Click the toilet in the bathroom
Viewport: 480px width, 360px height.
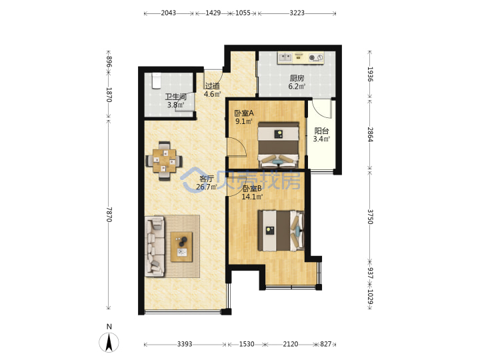tap(156, 81)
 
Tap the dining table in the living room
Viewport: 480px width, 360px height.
tap(165, 161)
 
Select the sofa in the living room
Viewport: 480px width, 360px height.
tap(155, 247)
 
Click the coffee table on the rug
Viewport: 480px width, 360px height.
tap(181, 247)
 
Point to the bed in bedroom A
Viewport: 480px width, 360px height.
tap(278, 145)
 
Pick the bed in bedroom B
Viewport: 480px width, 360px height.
tap(281, 231)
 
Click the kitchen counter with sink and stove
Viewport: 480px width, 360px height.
tap(301, 58)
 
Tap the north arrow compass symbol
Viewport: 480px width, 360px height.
tap(109, 339)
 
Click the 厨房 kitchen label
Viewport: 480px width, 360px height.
tap(297, 78)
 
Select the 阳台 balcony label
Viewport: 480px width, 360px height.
tap(321, 131)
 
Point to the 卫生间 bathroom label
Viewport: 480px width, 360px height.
tap(176, 97)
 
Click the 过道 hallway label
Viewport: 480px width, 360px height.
tap(212, 86)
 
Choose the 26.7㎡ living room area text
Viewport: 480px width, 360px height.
tap(207, 187)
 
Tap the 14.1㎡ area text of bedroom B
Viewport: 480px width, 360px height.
tap(252, 197)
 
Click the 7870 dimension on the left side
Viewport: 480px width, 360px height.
tap(109, 215)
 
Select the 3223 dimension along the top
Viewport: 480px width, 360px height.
tap(297, 13)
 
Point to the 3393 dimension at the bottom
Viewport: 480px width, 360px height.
tap(185, 344)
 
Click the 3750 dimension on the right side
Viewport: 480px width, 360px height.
tap(370, 217)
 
